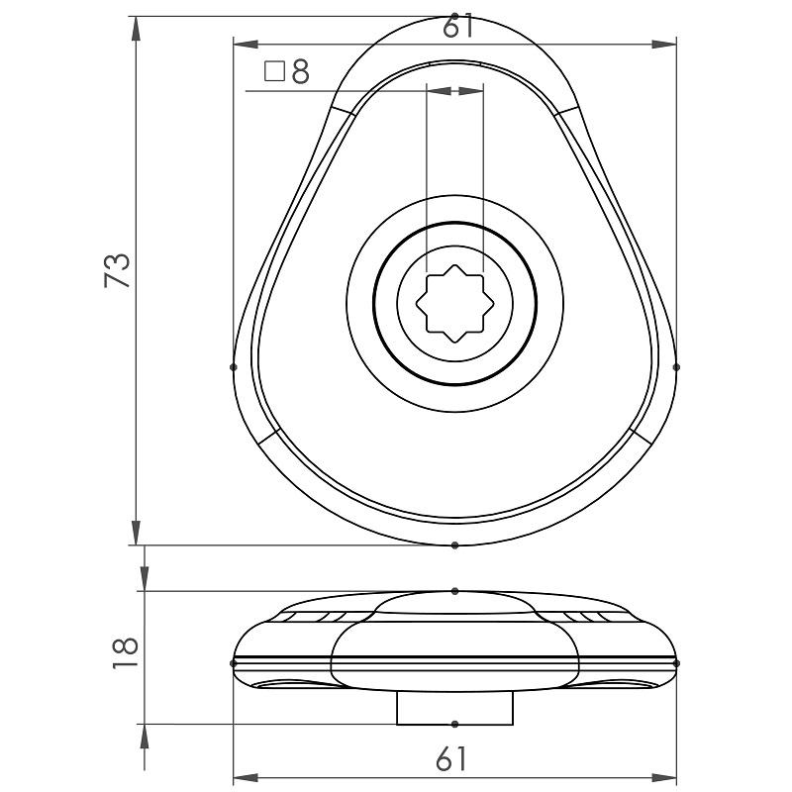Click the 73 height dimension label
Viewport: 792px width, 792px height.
(x=118, y=269)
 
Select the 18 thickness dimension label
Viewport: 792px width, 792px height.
(x=125, y=652)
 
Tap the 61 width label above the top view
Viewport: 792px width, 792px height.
(x=457, y=27)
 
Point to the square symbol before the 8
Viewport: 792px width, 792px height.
(x=275, y=71)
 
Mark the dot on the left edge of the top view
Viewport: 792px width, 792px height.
(x=234, y=366)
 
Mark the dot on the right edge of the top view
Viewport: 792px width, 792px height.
(x=676, y=366)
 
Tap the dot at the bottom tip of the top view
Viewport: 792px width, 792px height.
(x=454, y=544)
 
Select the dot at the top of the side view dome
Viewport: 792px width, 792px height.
(x=454, y=591)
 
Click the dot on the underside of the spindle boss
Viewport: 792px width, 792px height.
(x=454, y=724)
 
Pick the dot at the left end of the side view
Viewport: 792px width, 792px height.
(x=234, y=662)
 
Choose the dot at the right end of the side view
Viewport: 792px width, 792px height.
(x=676, y=662)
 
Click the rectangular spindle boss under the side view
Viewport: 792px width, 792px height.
(x=454, y=708)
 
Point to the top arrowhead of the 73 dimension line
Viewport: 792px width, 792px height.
(x=135, y=26)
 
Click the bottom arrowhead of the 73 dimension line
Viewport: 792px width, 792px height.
(x=135, y=535)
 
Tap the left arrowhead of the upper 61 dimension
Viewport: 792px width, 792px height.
(x=243, y=45)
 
